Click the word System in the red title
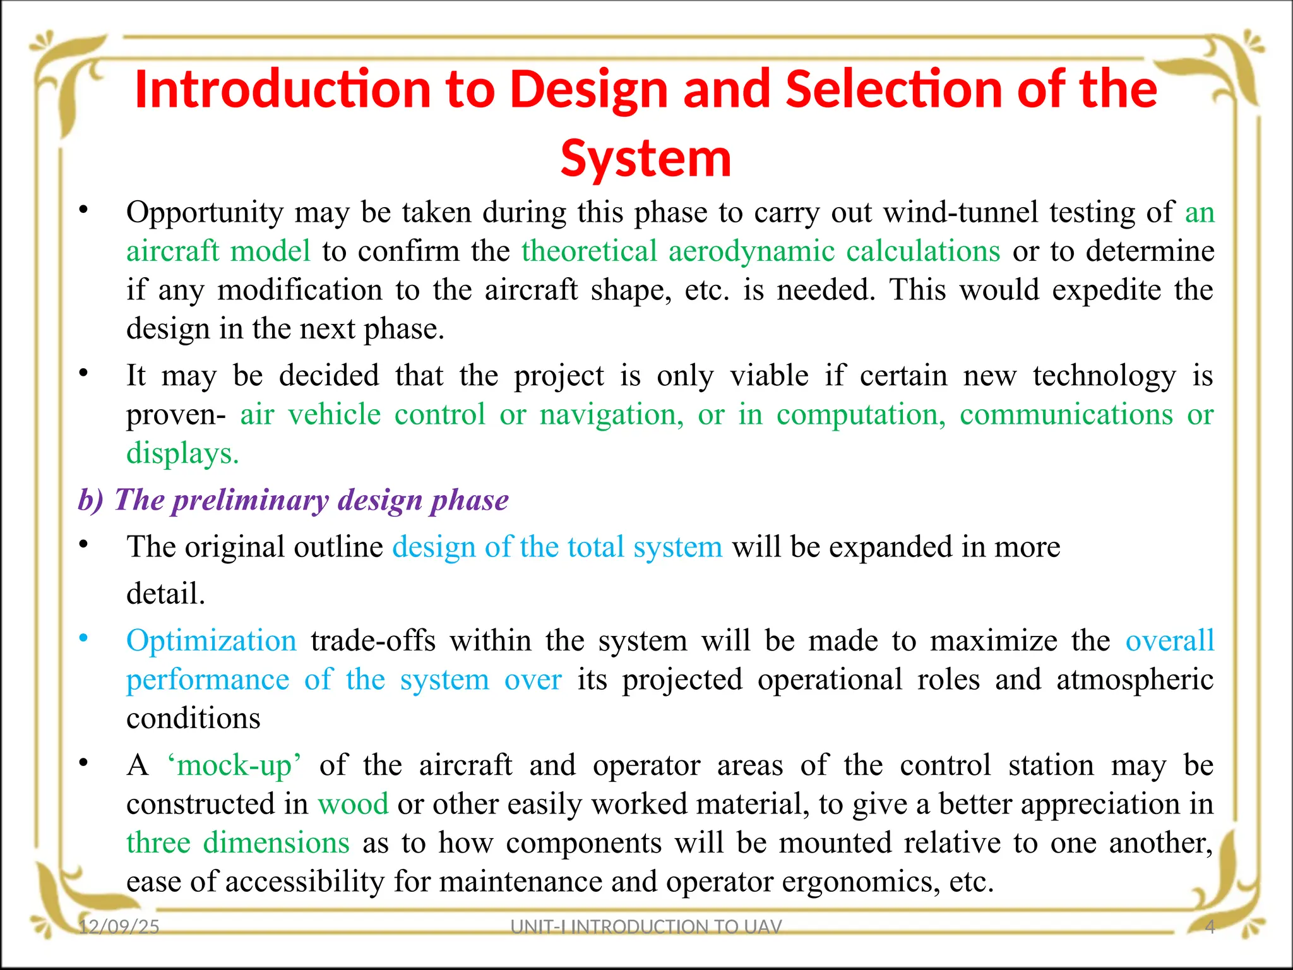[x=646, y=159]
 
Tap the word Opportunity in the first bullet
[x=205, y=213]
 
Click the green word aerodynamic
[x=751, y=251]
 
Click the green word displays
[x=182, y=453]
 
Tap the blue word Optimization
[x=211, y=641]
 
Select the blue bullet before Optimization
[x=83, y=639]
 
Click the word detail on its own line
[x=165, y=594]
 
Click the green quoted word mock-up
[x=234, y=765]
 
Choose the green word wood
[x=353, y=805]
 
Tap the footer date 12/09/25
[x=119, y=926]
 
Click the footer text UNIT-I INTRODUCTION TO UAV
[x=646, y=926]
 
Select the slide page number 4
[x=1210, y=926]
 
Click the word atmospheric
[x=1135, y=680]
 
